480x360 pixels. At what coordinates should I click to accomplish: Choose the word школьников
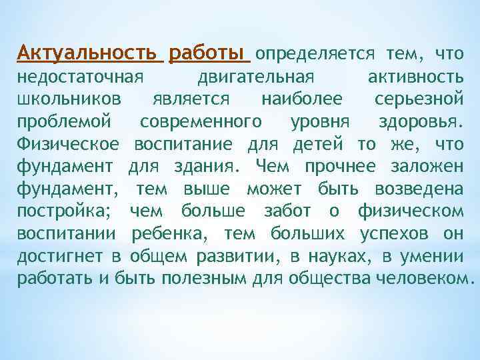(69, 99)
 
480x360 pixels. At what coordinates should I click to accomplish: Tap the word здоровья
(419, 122)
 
